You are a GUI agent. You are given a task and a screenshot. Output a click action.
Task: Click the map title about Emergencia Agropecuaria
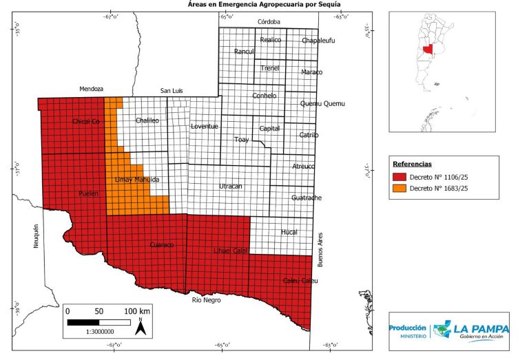[x=264, y=5]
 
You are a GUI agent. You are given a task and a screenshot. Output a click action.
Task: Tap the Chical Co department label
[x=87, y=122]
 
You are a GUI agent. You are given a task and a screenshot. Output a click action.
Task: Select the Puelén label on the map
[x=89, y=193]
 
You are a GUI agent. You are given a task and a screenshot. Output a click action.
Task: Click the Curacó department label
[x=162, y=244]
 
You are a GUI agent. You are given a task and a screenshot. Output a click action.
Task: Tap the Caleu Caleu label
[x=300, y=280]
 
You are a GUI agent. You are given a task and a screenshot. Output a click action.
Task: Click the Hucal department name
[x=289, y=233]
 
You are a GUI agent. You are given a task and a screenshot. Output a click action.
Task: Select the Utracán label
[x=230, y=187]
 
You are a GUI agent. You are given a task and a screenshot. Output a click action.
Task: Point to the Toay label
[x=241, y=140]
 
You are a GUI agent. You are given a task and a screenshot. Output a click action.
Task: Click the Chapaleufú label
[x=318, y=41]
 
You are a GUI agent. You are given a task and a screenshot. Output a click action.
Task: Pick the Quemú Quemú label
[x=322, y=104]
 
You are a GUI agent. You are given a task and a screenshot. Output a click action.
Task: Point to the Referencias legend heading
[x=412, y=165]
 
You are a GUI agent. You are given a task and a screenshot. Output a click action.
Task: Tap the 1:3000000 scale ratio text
[x=100, y=332]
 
